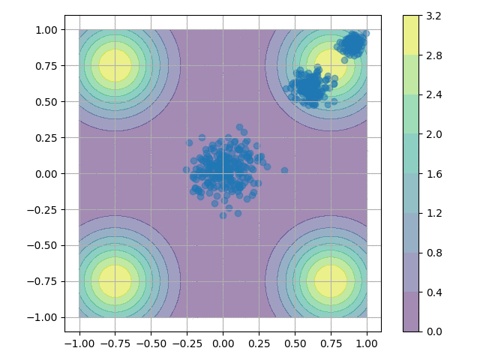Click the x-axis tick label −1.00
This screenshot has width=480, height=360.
(79, 343)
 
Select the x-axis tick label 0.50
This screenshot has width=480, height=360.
(295, 343)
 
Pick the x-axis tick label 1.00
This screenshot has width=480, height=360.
(367, 343)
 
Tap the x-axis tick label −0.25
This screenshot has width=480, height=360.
(187, 343)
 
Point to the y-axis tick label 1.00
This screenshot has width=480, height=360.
(46, 29)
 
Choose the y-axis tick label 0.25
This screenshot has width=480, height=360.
(46, 137)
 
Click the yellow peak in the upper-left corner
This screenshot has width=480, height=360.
(115, 65)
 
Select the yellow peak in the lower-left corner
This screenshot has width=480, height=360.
(115, 281)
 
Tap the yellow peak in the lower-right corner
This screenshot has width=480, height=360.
(331, 281)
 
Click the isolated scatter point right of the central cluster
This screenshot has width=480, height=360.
(284, 170)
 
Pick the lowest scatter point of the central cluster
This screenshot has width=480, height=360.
(223, 215)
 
